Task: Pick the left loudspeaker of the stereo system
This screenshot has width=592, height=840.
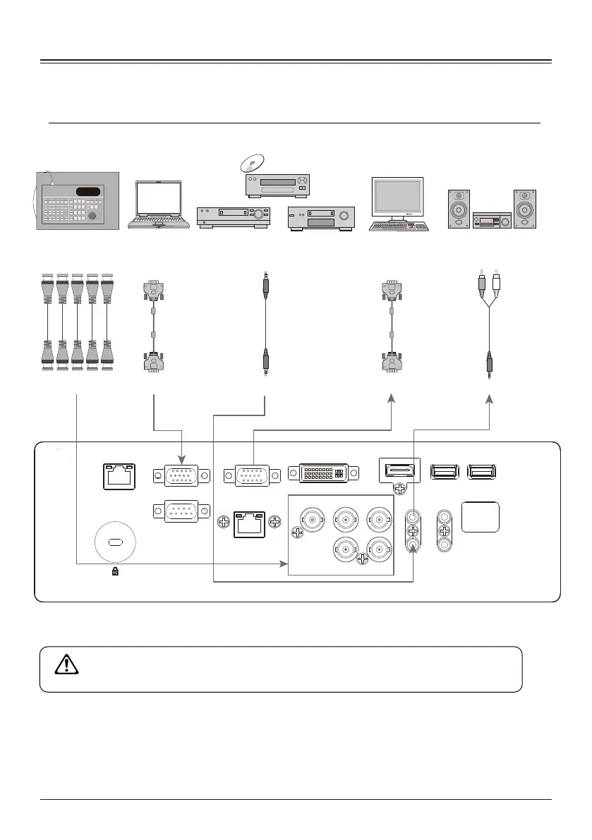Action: [x=459, y=209]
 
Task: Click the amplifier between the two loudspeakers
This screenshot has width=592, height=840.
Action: [x=493, y=220]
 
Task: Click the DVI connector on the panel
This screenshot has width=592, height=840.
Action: [x=322, y=473]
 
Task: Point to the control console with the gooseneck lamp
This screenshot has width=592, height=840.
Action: [x=77, y=201]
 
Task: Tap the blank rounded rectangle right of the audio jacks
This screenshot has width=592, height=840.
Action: [x=481, y=518]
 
